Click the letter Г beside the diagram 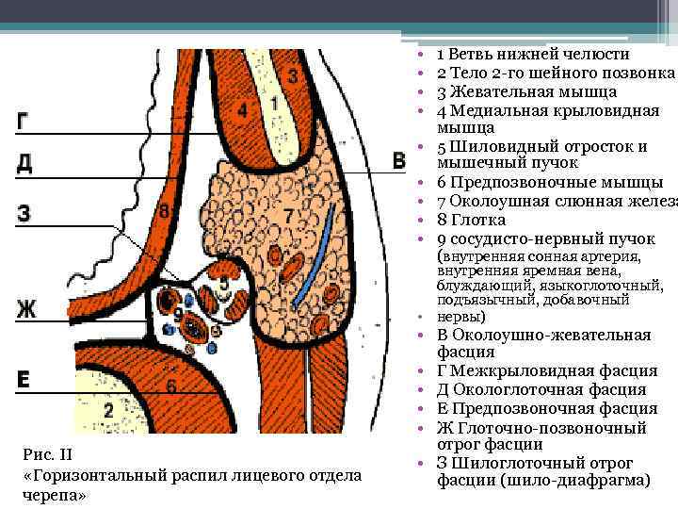click(x=24, y=121)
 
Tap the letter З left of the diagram click(x=24, y=213)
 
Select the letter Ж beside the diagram click(x=25, y=307)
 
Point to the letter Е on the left click(x=24, y=379)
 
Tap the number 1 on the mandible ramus click(x=274, y=104)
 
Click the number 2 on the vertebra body click(x=108, y=409)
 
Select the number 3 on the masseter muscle click(x=294, y=74)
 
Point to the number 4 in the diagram click(x=243, y=111)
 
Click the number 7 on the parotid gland click(x=288, y=217)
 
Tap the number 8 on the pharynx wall click(x=165, y=212)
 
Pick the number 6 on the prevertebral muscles click(x=170, y=386)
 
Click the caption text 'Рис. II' click(x=45, y=455)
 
